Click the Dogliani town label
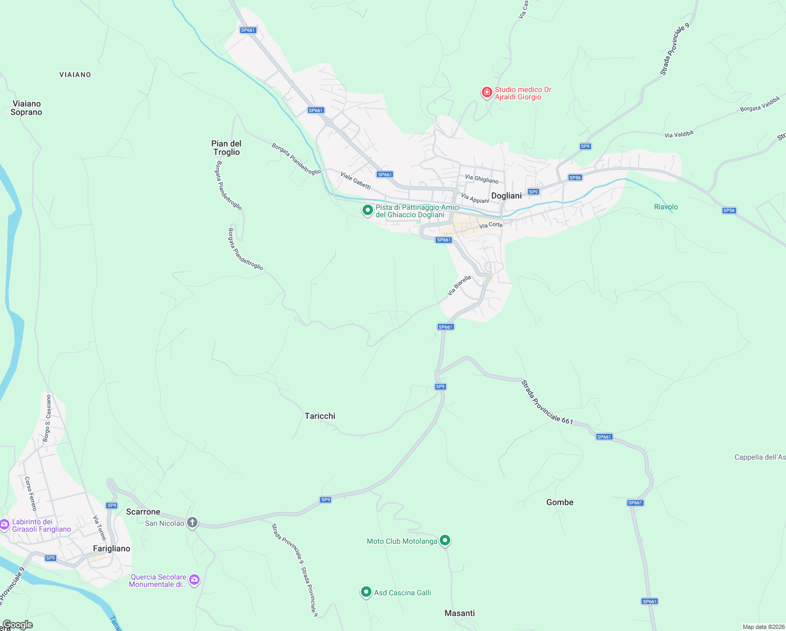click(506, 196)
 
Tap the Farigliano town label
click(111, 548)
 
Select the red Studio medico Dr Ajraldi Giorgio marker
click(487, 93)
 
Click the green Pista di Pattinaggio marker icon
click(367, 210)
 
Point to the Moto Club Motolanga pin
click(445, 540)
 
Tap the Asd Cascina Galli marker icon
click(366, 592)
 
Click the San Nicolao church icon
click(192, 522)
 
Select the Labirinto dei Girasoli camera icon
click(4, 524)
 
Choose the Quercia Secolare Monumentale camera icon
click(194, 579)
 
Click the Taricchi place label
click(320, 416)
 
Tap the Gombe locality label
click(560, 502)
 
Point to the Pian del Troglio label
click(226, 148)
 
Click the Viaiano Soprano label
click(26, 108)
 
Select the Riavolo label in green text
click(666, 207)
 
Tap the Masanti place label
click(459, 613)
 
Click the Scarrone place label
click(143, 512)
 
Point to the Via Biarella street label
click(459, 285)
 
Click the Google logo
click(17, 625)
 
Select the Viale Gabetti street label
click(356, 180)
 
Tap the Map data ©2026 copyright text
click(763, 627)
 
